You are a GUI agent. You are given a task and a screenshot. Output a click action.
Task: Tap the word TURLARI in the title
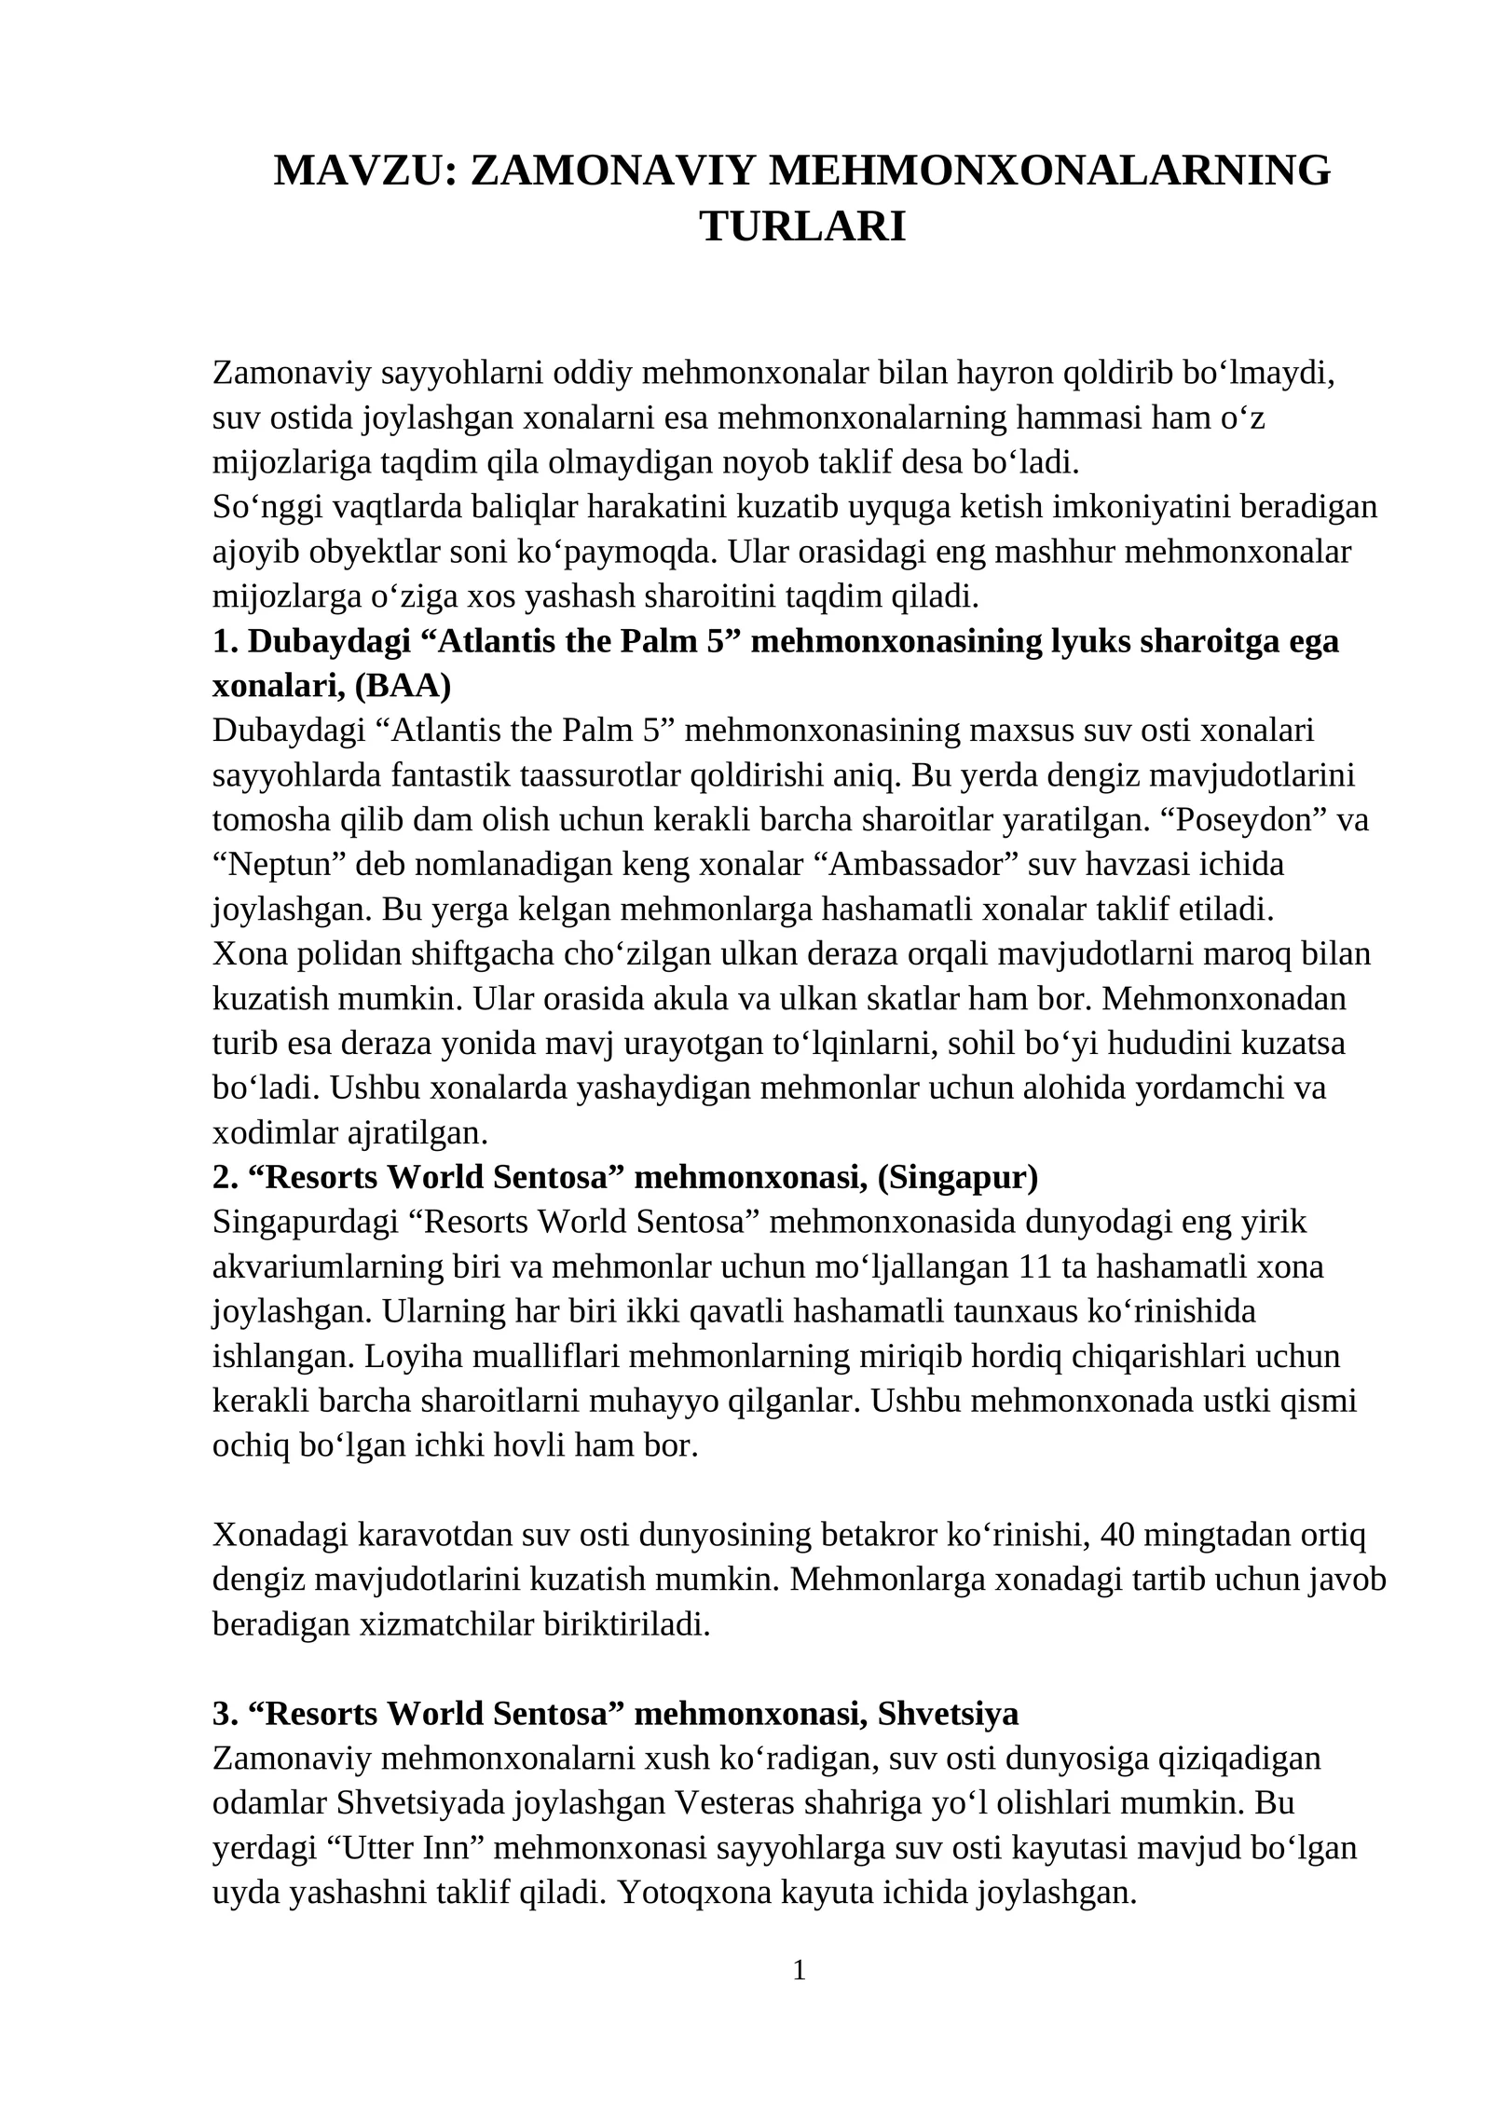pos(802,226)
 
